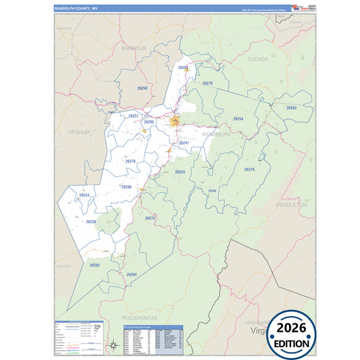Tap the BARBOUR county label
click(x=134, y=49)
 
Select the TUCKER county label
click(x=257, y=59)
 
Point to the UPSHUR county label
click(x=79, y=133)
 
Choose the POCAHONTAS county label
click(x=139, y=317)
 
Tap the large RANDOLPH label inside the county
click(x=217, y=134)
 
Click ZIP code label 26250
click(x=142, y=88)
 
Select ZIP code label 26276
click(x=207, y=83)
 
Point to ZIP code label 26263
click(x=291, y=108)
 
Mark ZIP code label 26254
click(x=238, y=119)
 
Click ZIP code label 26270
click(x=249, y=170)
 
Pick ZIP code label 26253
click(x=180, y=172)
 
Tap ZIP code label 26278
click(x=130, y=161)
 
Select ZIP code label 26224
click(x=84, y=195)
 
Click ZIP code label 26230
click(x=91, y=222)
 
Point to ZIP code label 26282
click(x=95, y=265)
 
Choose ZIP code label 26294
click(x=131, y=274)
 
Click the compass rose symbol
click(x=113, y=345)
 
